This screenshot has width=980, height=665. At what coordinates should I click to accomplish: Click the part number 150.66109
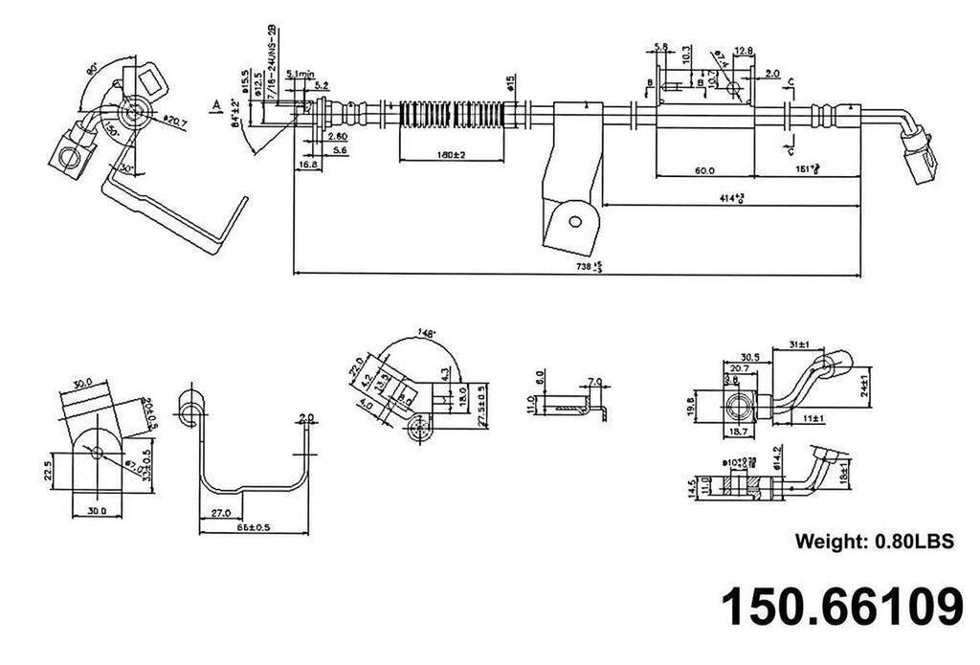tap(841, 607)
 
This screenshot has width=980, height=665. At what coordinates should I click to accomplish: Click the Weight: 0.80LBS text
tap(875, 542)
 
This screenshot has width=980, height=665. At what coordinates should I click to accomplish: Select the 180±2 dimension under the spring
tap(448, 155)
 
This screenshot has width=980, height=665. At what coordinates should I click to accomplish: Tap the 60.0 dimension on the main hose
tap(703, 170)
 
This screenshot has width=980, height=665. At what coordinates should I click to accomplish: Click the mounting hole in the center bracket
tap(575, 221)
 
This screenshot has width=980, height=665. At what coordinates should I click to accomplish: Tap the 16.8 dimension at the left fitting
tap(308, 165)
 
